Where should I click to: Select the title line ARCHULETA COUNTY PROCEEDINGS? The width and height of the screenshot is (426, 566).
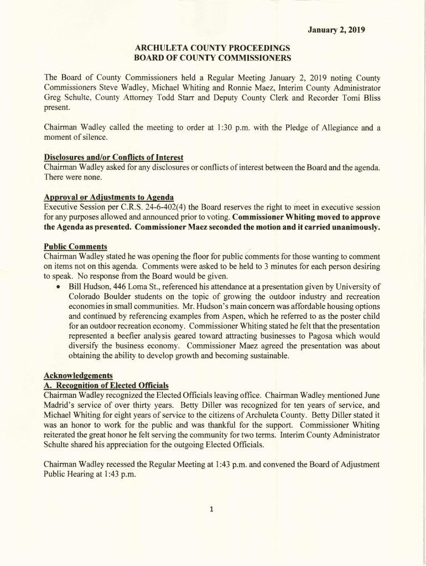click(x=212, y=48)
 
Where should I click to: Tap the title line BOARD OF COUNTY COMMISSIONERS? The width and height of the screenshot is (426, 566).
click(x=212, y=58)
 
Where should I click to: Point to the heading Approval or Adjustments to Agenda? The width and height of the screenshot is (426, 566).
click(x=109, y=197)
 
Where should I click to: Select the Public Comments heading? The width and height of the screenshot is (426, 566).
click(x=75, y=247)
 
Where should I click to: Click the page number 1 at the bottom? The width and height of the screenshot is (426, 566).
click(x=212, y=510)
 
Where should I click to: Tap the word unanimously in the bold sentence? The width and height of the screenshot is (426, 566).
click(x=352, y=227)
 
